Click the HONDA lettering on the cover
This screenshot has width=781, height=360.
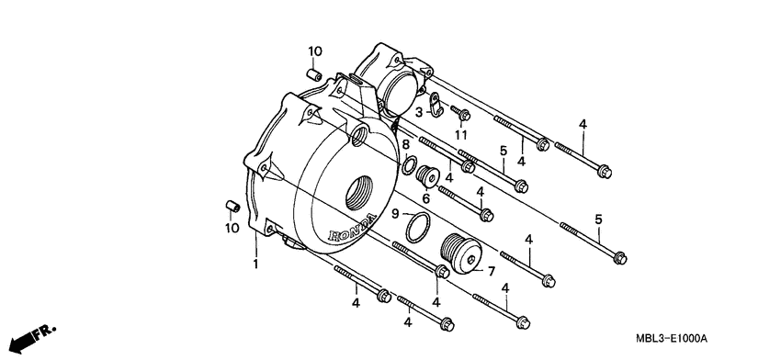[x=352, y=228]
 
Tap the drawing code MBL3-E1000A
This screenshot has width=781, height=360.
[x=671, y=339]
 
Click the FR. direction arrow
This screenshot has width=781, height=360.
[x=32, y=339]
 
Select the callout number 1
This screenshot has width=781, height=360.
[x=256, y=264]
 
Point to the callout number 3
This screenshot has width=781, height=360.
[x=419, y=113]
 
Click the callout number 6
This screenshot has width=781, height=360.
[x=425, y=198]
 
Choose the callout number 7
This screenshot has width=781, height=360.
[x=492, y=271]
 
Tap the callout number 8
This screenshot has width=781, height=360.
[x=406, y=145]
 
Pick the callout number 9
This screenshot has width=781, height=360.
[x=395, y=214]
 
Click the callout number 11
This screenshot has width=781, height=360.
[x=460, y=135]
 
